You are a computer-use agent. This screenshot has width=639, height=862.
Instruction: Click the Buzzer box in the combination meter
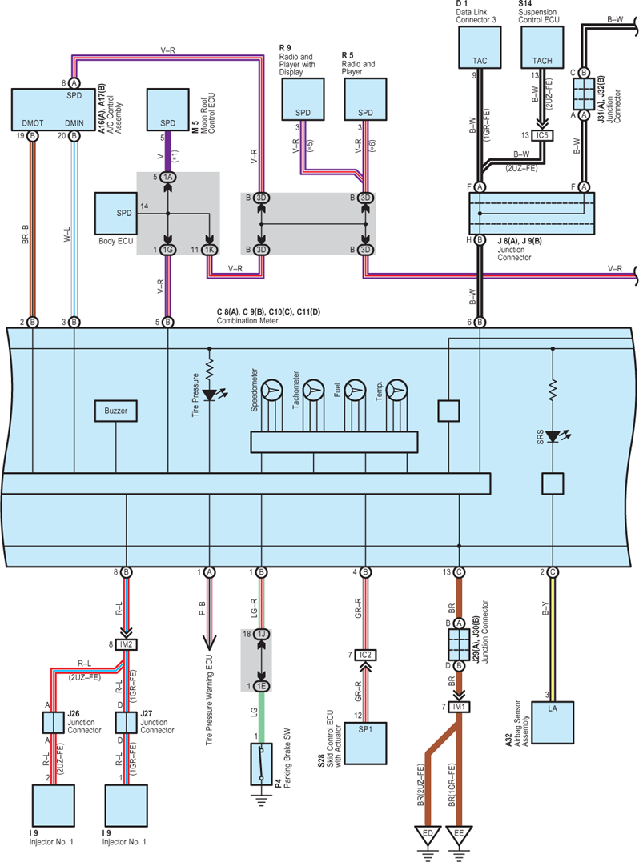115,411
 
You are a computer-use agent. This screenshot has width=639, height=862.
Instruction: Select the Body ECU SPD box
115,214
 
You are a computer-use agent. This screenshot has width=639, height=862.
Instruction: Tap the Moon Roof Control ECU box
167,110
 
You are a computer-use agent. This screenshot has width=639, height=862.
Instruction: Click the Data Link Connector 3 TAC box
480,47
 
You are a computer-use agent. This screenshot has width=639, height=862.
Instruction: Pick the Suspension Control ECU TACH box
541,47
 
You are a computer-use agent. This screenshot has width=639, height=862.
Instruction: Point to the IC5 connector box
542,135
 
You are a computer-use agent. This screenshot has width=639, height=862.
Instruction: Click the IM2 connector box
127,644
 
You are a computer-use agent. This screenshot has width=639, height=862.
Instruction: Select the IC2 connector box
366,655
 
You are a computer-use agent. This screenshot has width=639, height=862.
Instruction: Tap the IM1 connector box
459,707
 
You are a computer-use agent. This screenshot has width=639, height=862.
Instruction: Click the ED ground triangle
428,835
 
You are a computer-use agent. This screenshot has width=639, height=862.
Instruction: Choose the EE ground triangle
459,835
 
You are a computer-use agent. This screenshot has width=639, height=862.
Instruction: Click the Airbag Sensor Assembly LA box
552,723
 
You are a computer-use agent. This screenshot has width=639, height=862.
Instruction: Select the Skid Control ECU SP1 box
365,744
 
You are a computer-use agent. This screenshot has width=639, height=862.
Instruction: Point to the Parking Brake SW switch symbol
261,764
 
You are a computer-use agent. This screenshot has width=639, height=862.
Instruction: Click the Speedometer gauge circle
271,391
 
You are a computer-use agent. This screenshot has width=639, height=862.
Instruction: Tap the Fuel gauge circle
356,391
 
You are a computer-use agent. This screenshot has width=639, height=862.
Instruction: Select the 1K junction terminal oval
209,250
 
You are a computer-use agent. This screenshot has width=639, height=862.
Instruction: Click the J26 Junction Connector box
54,723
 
